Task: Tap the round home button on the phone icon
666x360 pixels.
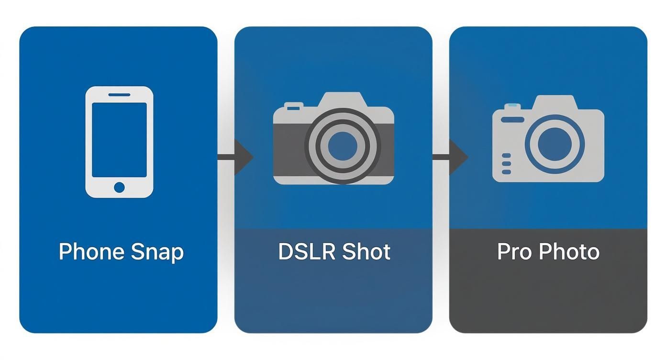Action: point(119,187)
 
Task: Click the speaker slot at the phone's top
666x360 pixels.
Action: point(119,95)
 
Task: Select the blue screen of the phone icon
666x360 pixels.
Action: point(119,139)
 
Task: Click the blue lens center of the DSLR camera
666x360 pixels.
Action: point(342,146)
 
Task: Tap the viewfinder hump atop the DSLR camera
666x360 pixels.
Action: point(343,100)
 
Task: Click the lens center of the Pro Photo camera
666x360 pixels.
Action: point(555,144)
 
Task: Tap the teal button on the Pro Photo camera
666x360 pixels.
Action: point(512,105)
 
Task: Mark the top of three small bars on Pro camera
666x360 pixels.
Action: point(506,156)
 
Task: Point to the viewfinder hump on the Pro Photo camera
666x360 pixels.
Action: point(554,102)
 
